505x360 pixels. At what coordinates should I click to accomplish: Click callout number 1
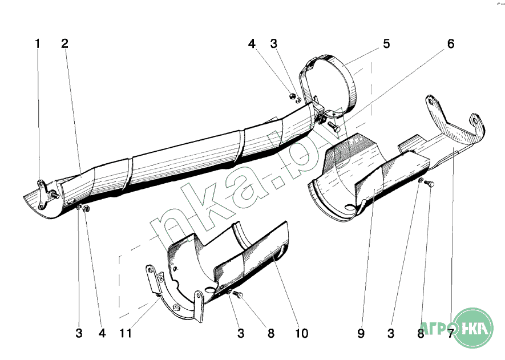pos(38,43)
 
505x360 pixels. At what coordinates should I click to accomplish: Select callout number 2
pos(64,43)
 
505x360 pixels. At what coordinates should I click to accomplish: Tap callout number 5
pos(386,44)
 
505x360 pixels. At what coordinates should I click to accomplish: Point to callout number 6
pos(451,44)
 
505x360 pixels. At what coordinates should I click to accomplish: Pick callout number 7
pos(451,333)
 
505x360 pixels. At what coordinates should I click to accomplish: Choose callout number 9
pos(361,333)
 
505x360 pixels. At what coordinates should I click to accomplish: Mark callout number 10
pos(302,333)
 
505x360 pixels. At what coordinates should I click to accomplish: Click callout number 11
pos(126,333)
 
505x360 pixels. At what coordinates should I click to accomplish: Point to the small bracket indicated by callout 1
pos(43,191)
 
